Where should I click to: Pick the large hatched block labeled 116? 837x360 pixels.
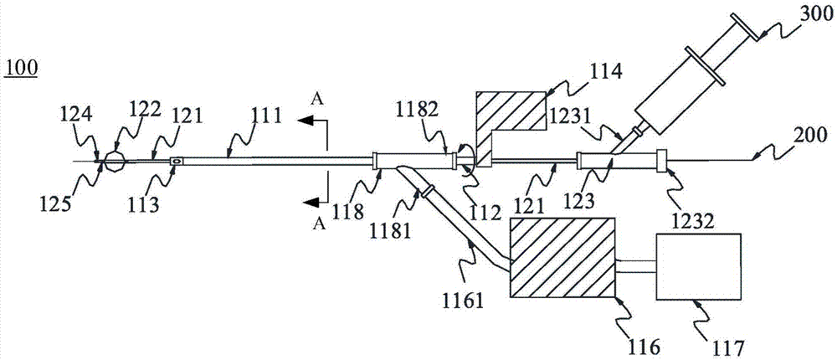562,256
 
